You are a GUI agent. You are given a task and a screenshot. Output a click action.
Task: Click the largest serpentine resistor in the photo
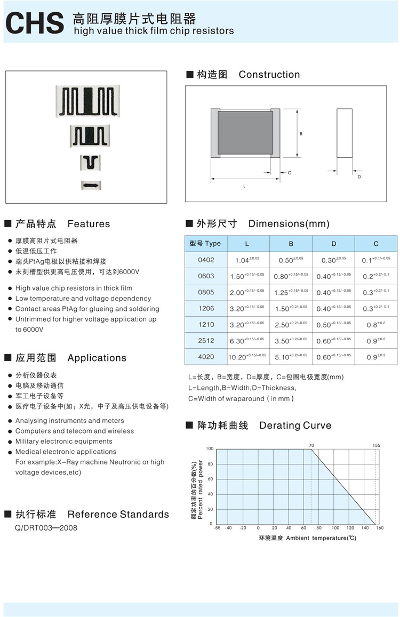pyautogui.click(x=87, y=101)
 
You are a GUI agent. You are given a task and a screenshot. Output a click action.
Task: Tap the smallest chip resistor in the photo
pyautogui.click(x=91, y=185)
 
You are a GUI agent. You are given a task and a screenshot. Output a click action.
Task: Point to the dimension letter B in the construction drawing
pyautogui.click(x=301, y=134)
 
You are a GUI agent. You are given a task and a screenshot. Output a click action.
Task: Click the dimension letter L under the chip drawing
pyautogui.click(x=244, y=186)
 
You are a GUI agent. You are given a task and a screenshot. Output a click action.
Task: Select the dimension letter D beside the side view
pyautogui.click(x=359, y=177)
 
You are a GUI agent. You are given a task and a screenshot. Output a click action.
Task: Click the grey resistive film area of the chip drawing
pyautogui.click(x=245, y=133)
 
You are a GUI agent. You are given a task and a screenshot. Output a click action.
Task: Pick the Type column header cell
pyautogui.click(x=205, y=244)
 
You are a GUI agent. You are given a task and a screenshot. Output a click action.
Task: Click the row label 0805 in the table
pyautogui.click(x=206, y=292)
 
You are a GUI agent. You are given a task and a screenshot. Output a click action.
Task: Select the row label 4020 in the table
pyautogui.click(x=206, y=356)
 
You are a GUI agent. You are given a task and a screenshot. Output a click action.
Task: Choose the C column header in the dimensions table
pyautogui.click(x=376, y=244)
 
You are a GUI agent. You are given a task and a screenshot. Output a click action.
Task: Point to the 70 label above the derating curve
pyautogui.click(x=311, y=445)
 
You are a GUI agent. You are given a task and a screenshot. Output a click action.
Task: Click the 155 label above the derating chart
pyautogui.click(x=376, y=445)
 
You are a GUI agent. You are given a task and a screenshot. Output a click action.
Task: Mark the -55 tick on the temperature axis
pyautogui.click(x=217, y=528)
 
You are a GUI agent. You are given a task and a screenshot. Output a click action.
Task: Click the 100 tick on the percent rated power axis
pyautogui.click(x=210, y=449)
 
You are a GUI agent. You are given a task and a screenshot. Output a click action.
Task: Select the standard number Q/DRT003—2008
pyautogui.click(x=46, y=528)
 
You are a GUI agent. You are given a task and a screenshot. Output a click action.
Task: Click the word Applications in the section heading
pyautogui.click(x=97, y=358)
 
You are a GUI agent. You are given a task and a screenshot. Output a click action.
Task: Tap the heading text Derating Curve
pyautogui.click(x=295, y=426)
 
